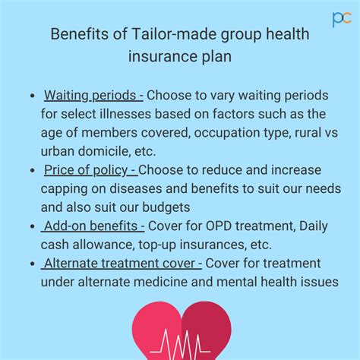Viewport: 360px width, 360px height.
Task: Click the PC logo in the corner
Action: [x=342, y=19]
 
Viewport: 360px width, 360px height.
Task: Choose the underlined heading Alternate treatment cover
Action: [x=122, y=263]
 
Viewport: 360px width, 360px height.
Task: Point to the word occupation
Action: [x=227, y=133]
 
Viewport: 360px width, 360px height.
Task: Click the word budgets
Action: [x=166, y=207]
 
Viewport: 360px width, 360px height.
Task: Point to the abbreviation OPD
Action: [x=219, y=226]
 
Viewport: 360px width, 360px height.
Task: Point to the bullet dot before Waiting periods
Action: [x=32, y=96]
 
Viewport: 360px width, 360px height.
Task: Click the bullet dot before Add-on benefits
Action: [x=32, y=226]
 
